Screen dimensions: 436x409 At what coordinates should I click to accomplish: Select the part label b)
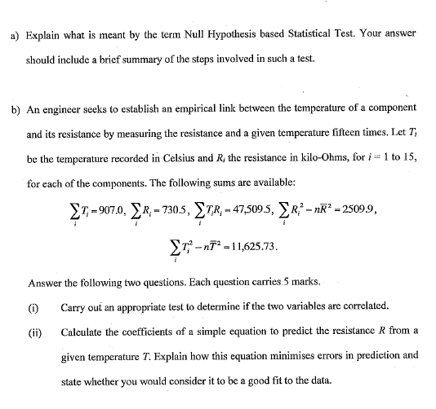point(15,108)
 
